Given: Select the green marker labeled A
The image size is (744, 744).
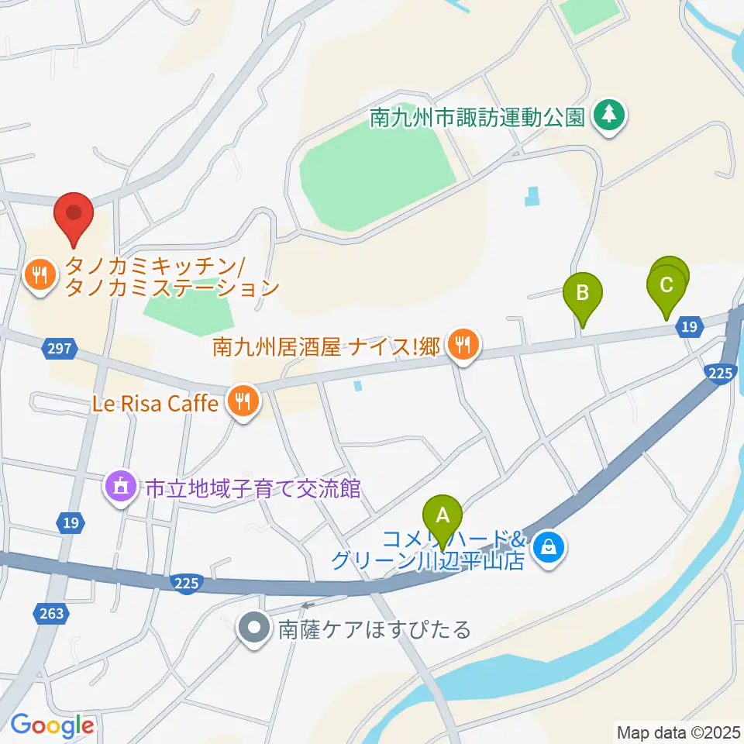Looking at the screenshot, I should (443, 515).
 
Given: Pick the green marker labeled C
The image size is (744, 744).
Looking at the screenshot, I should (666, 286).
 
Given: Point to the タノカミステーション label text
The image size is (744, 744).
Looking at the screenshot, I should (172, 288).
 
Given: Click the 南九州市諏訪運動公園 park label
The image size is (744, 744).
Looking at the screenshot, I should (476, 118).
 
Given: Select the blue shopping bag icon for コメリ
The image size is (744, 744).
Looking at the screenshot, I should (549, 549).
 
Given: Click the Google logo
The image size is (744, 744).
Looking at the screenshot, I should (51, 725).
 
